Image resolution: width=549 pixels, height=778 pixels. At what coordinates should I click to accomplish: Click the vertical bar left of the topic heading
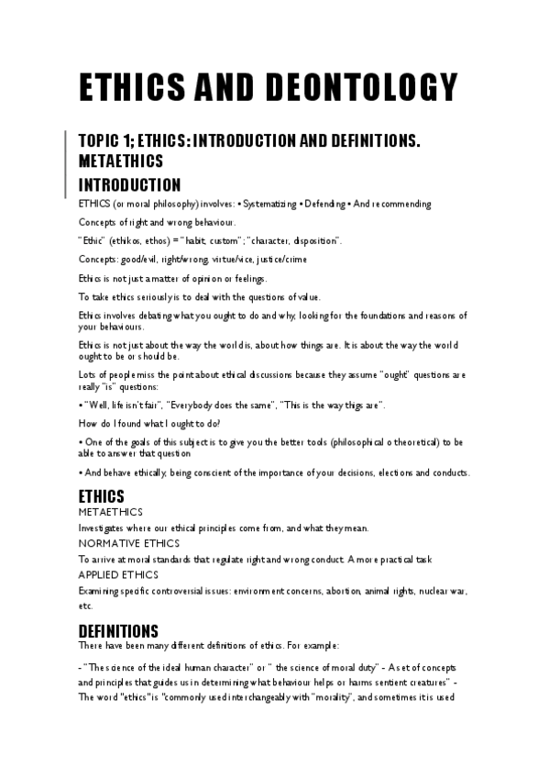(67, 161)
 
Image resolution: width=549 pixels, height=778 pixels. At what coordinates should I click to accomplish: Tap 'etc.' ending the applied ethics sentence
(85, 606)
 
